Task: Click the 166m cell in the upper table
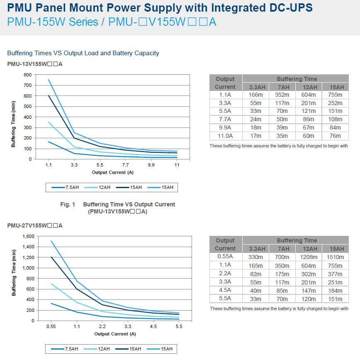click(x=255, y=95)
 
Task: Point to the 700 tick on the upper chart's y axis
click(x=27, y=85)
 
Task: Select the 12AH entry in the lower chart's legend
click(x=104, y=349)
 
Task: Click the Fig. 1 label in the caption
click(x=68, y=204)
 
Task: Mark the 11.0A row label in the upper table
click(x=225, y=136)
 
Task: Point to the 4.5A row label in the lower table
click(x=225, y=290)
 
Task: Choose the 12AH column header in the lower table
click(x=309, y=249)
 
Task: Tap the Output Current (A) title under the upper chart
click(x=113, y=172)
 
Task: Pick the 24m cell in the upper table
click(x=255, y=120)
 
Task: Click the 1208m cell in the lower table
click(x=309, y=257)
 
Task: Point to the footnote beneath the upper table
click(x=279, y=146)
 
